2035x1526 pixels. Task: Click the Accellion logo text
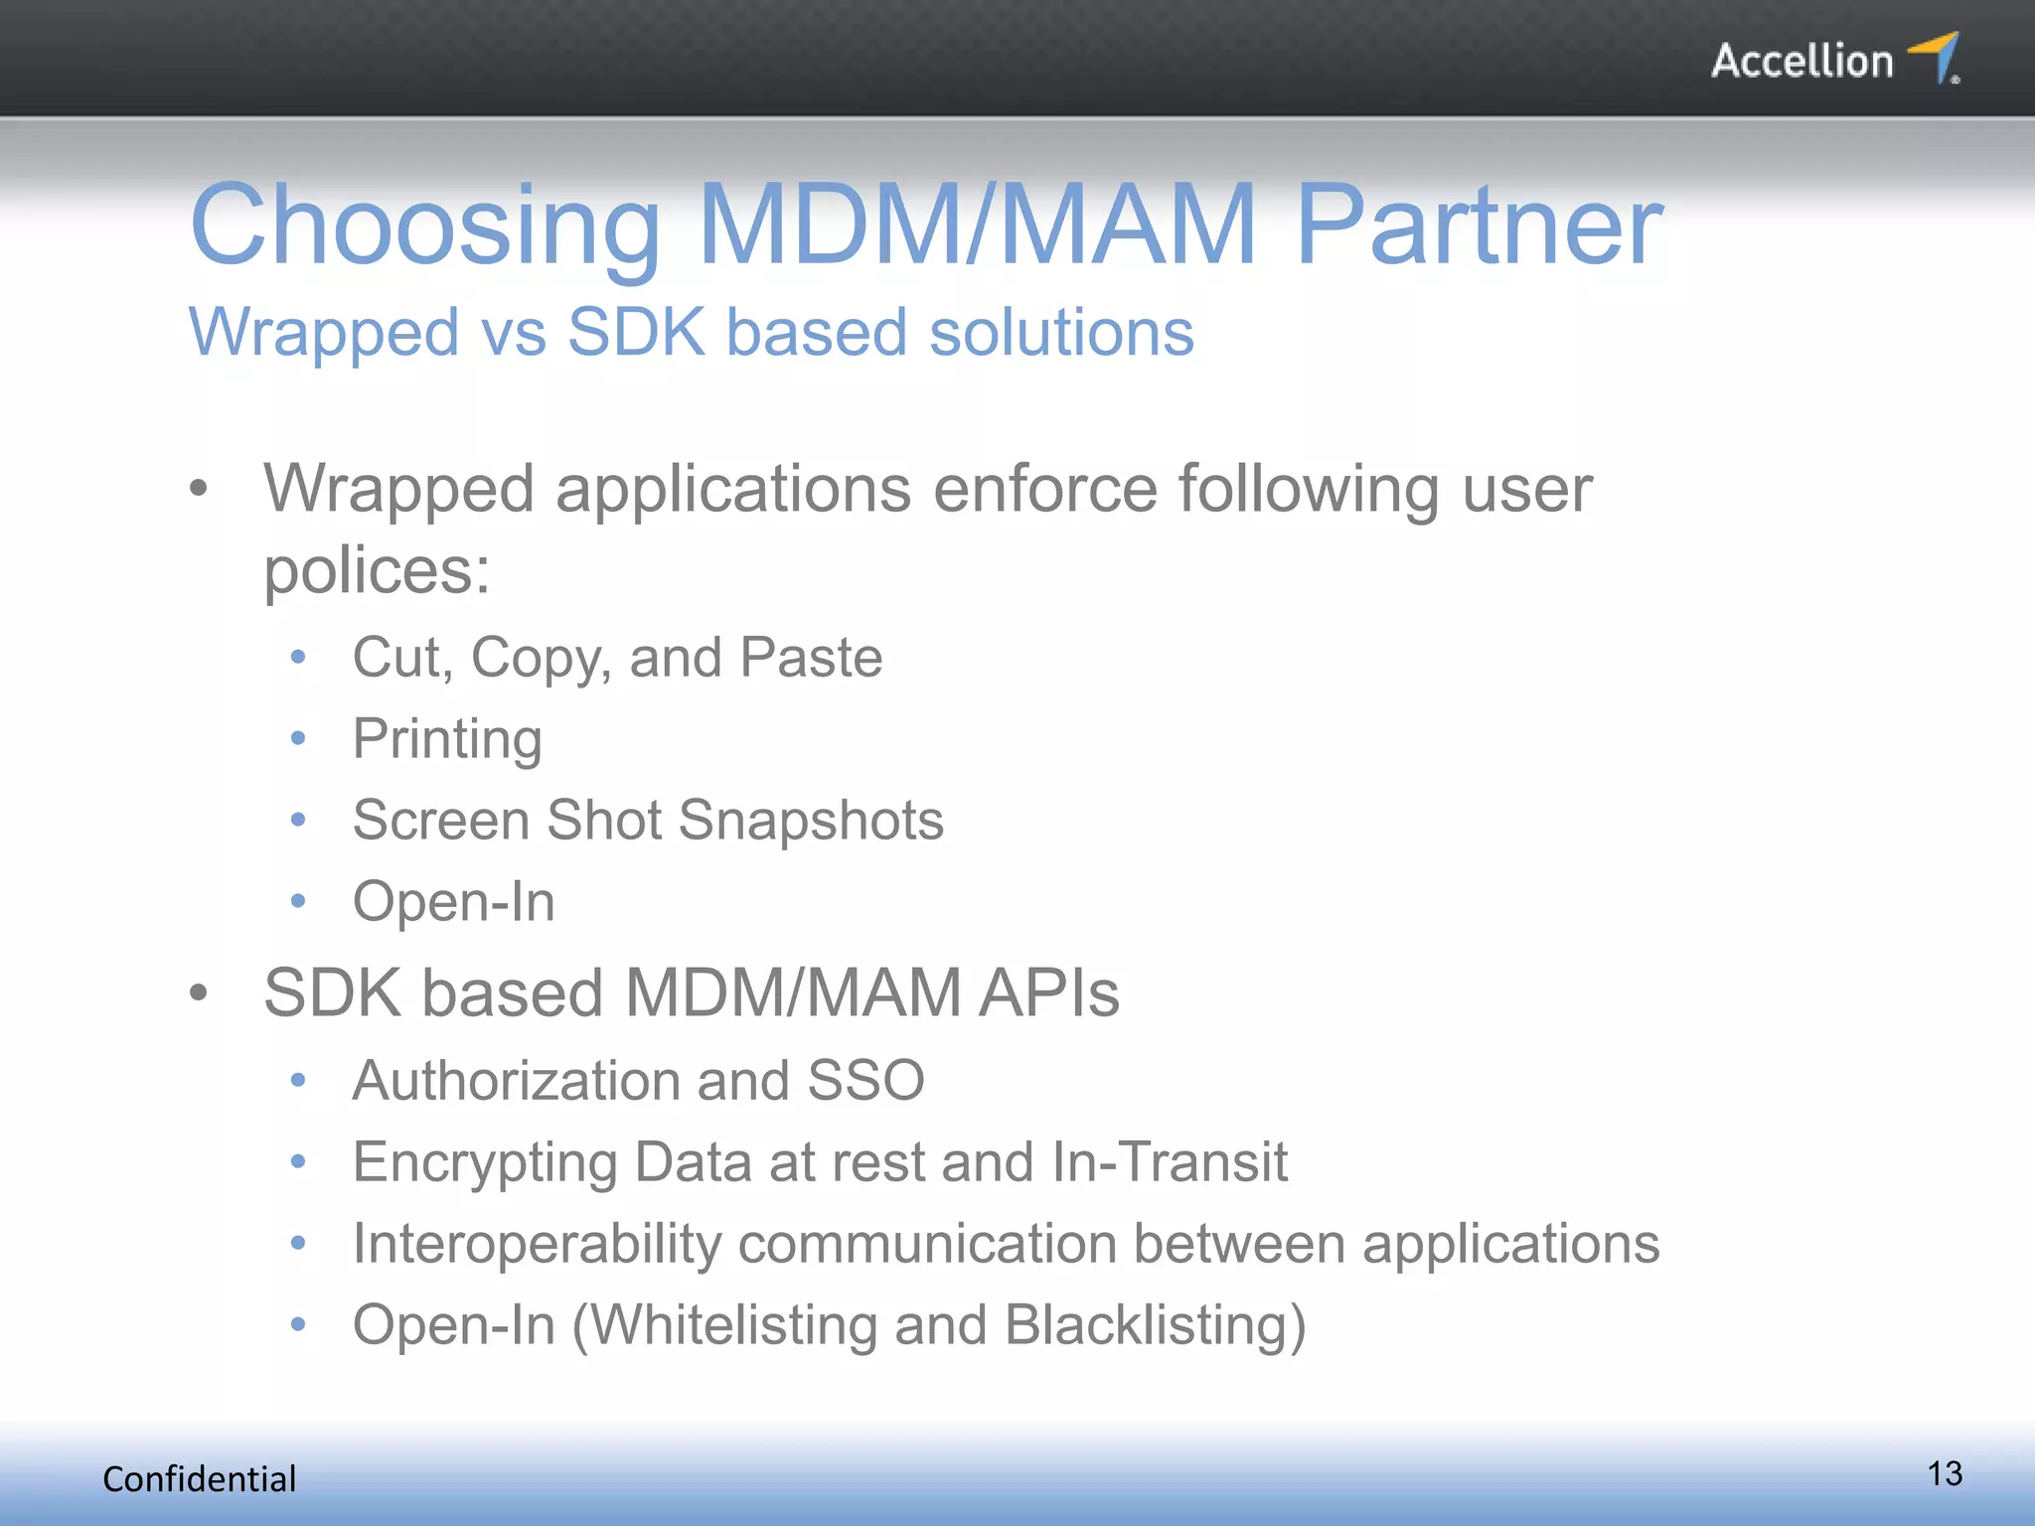(x=1801, y=62)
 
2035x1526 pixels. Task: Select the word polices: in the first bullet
(x=377, y=571)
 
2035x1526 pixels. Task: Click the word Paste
(x=811, y=658)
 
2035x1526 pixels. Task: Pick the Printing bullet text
(x=447, y=740)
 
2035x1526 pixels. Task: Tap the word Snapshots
(x=811, y=821)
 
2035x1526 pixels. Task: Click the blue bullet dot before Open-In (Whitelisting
(x=298, y=1324)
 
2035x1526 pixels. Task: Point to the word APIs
(x=1048, y=992)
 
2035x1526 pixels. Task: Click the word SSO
(x=865, y=1080)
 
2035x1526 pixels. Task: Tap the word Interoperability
(x=538, y=1244)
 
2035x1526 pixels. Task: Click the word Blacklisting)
(x=1155, y=1325)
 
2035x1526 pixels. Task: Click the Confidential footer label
(x=200, y=1479)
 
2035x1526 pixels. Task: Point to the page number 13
(x=1945, y=1473)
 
